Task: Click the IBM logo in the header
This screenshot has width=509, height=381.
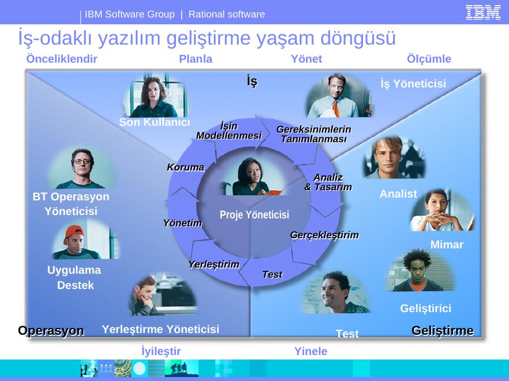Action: (x=483, y=12)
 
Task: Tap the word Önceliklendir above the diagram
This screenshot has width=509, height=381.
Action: (x=62, y=59)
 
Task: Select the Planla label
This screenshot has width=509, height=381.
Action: (x=196, y=59)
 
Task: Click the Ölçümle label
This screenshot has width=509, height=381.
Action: (x=429, y=59)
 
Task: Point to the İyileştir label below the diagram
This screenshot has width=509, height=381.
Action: (x=161, y=351)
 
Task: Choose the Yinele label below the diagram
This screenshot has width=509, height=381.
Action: (x=310, y=351)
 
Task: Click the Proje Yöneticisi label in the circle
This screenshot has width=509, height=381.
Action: (x=254, y=214)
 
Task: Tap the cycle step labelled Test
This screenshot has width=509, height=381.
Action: (x=272, y=274)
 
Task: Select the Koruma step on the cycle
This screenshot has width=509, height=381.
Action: (x=186, y=167)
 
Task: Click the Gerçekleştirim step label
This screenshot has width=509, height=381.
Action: (x=324, y=235)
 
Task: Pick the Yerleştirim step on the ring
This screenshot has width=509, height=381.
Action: (x=214, y=264)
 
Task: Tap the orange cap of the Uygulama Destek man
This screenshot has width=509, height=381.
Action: (x=75, y=232)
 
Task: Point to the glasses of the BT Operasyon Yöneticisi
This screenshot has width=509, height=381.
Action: (x=82, y=161)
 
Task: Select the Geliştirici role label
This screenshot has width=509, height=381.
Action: (x=425, y=308)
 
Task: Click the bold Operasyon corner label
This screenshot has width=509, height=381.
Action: (x=51, y=331)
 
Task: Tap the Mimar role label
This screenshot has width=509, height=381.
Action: (x=447, y=244)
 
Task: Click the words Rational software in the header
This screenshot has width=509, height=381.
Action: (x=227, y=14)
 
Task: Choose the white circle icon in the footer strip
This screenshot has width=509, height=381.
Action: (x=140, y=369)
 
